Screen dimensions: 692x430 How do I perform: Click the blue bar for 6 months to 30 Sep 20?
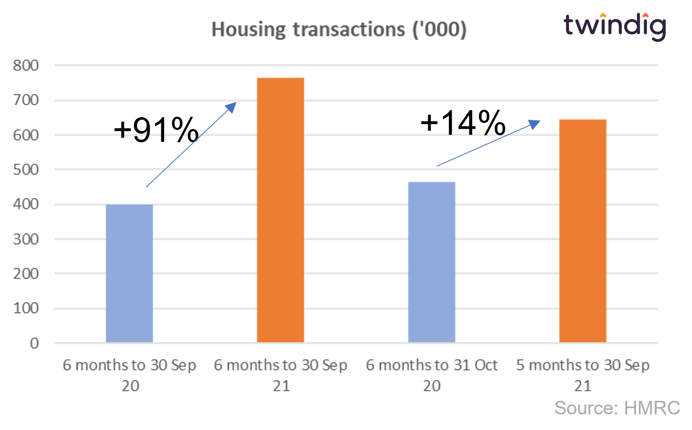[x=130, y=273]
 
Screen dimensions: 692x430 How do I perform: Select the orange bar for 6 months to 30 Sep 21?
[x=281, y=210]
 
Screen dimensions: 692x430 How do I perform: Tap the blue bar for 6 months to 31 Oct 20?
[x=432, y=262]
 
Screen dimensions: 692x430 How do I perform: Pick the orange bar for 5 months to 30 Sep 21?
[x=583, y=231]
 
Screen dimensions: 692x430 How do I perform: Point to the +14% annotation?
[x=463, y=123]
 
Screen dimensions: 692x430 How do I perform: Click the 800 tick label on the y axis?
[x=26, y=65]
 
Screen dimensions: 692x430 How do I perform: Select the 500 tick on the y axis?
[x=26, y=169]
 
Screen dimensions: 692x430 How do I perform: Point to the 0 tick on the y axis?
[x=34, y=343]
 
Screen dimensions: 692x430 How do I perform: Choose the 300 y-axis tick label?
[x=26, y=239]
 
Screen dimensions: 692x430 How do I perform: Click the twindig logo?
[x=615, y=27]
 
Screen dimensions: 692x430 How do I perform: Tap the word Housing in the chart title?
[x=248, y=30]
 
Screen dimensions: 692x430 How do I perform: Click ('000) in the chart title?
[x=439, y=30]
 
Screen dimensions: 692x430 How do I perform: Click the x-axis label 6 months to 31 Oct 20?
[x=432, y=375]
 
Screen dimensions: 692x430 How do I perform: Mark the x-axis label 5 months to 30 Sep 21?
[x=583, y=375]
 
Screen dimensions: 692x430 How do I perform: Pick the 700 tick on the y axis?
[x=26, y=100]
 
